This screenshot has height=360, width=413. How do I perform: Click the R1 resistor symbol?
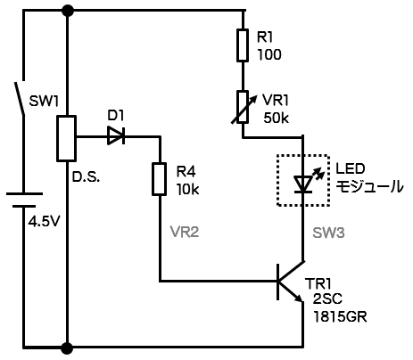click(243, 45)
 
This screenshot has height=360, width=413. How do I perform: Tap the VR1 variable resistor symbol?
click(243, 107)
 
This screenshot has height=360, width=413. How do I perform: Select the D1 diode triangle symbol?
click(116, 135)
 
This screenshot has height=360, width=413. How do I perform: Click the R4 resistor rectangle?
click(159, 179)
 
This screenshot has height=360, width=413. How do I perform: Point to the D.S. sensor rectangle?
click(67, 138)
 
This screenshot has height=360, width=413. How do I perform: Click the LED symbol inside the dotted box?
click(303, 184)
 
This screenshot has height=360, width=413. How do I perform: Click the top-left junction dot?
click(67, 11)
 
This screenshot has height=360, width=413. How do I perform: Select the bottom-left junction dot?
click(67, 347)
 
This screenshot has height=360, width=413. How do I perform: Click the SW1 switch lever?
click(20, 98)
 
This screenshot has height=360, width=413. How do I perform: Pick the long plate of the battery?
click(24, 193)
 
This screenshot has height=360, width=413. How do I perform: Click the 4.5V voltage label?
click(45, 221)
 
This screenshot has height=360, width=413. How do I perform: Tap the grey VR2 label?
click(185, 232)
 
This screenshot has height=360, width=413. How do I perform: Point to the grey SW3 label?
click(328, 233)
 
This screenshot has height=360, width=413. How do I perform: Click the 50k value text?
click(276, 118)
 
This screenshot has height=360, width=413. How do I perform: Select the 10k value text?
click(188, 189)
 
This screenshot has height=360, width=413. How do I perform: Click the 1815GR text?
click(340, 317)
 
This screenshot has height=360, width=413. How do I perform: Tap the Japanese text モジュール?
click(369, 186)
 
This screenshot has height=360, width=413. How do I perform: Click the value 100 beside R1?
click(269, 54)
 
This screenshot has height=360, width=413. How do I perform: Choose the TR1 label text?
click(318, 284)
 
